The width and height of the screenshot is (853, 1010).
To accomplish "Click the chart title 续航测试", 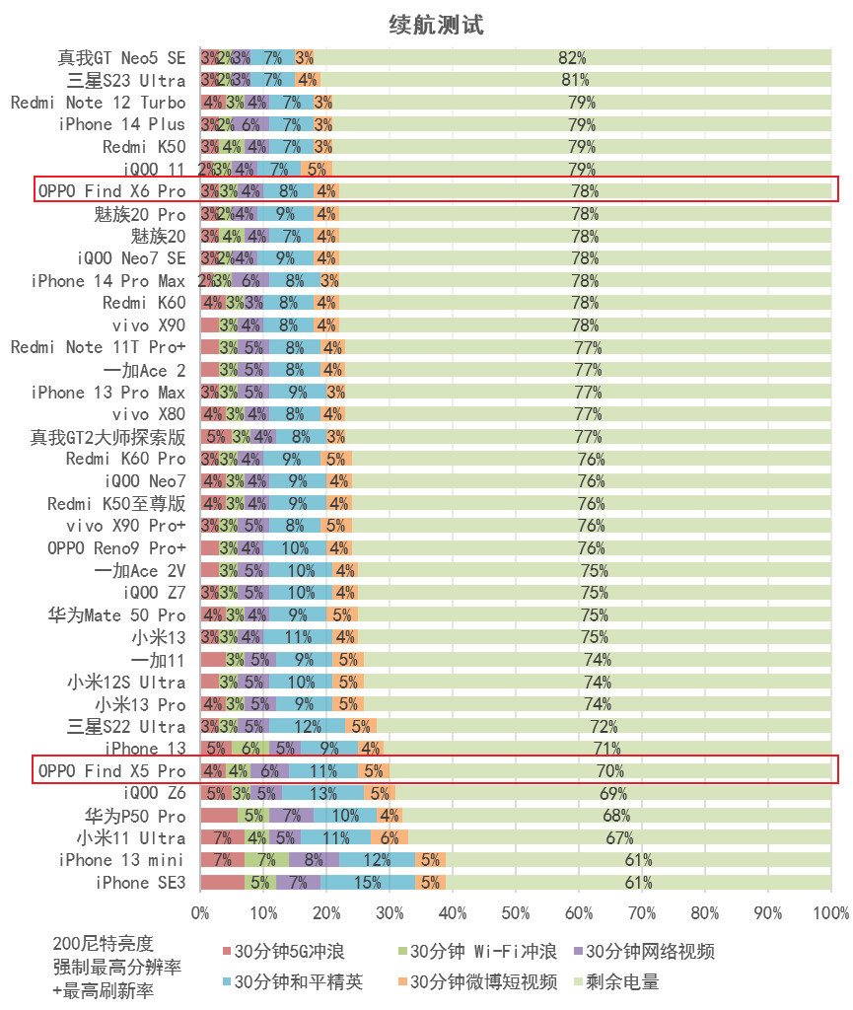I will pyautogui.click(x=436, y=25).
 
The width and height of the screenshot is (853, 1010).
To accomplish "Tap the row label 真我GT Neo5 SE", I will pyautogui.click(x=121, y=58).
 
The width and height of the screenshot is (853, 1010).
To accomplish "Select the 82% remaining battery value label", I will pyautogui.click(x=572, y=58).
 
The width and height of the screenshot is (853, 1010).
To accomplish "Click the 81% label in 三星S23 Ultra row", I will pyautogui.click(x=575, y=80).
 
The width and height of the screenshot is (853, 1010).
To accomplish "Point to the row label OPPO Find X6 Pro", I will pyautogui.click(x=111, y=190).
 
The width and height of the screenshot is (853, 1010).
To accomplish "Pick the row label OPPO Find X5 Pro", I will pyautogui.click(x=111, y=770).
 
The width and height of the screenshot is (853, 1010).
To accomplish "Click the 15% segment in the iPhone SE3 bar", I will pyautogui.click(x=368, y=883).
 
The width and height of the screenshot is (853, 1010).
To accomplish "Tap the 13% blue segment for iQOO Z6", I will pyautogui.click(x=322, y=793).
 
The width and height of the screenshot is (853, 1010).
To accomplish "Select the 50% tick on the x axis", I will pyautogui.click(x=516, y=913).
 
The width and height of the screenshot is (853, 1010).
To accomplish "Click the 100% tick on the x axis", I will pyautogui.click(x=831, y=913).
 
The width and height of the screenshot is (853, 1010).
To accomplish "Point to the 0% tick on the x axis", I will pyautogui.click(x=200, y=913).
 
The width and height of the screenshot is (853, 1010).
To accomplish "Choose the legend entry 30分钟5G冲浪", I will pyautogui.click(x=287, y=952).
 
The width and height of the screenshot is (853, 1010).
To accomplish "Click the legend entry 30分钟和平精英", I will pyautogui.click(x=302, y=981).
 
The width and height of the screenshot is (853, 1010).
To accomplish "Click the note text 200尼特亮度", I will pyautogui.click(x=104, y=944).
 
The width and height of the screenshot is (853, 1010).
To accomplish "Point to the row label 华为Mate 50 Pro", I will pyautogui.click(x=116, y=614).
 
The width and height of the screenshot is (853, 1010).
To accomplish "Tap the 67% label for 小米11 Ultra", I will pyautogui.click(x=619, y=838).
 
